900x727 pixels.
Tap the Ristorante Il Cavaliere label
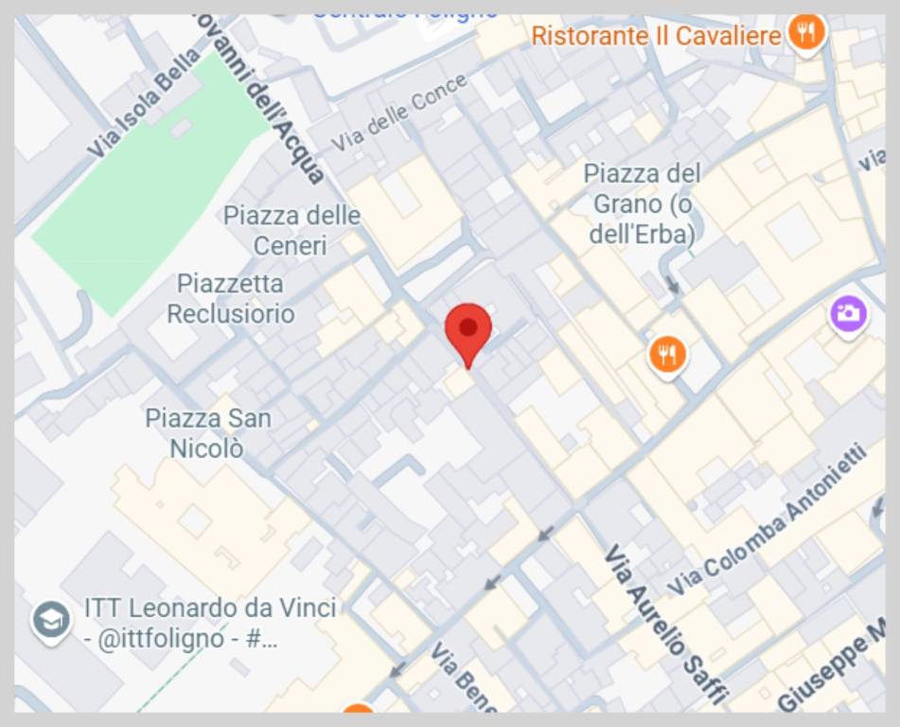pyautogui.click(x=656, y=36)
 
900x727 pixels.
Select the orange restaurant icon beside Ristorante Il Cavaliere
pyautogui.click(x=806, y=33)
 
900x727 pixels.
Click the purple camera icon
pyautogui.click(x=849, y=313)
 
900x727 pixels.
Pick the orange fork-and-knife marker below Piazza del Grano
pyautogui.click(x=668, y=355)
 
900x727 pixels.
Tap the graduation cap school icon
pyautogui.click(x=50, y=621)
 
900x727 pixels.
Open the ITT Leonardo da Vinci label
pyautogui.click(x=209, y=622)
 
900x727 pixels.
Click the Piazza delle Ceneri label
pyautogui.click(x=291, y=230)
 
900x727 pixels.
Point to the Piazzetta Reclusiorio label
pyautogui.click(x=231, y=298)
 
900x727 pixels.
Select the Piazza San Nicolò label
pyautogui.click(x=208, y=432)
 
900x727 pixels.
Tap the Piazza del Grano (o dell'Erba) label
pyautogui.click(x=643, y=203)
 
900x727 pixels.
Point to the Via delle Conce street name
pyautogui.click(x=399, y=113)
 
